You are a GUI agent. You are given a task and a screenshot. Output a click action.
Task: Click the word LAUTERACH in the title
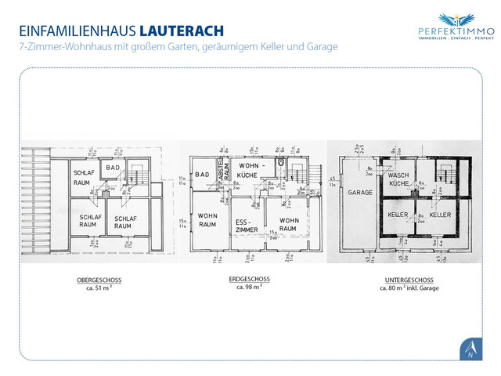click(182, 31)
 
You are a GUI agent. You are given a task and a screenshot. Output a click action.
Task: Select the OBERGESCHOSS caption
click(99, 280)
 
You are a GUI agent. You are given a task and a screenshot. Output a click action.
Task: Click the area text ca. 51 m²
click(99, 287)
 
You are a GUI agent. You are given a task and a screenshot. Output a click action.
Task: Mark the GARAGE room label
click(359, 192)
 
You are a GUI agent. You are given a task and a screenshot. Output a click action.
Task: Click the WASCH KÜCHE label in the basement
click(398, 178)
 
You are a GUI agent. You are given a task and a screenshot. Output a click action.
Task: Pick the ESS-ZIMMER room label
click(247, 226)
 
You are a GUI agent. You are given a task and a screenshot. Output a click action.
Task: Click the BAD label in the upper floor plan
click(113, 168)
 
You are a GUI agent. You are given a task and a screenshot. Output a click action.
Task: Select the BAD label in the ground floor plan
click(202, 174)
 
